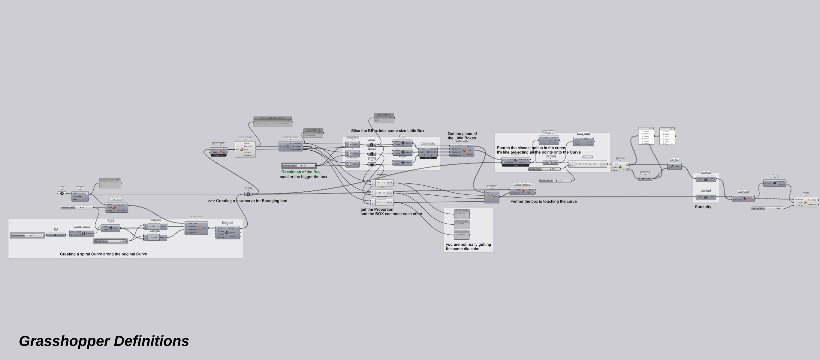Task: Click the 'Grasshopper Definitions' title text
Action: pos(104,341)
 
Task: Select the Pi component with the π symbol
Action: pos(56,235)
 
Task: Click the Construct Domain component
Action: pos(82,233)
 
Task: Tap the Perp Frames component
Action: pos(116,208)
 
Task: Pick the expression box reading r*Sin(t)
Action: pos(154,226)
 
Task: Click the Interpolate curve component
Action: pos(227,232)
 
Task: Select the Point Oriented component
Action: pos(196,228)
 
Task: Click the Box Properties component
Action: pos(245,149)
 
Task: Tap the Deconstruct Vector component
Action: pos(290,146)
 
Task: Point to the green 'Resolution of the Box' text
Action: pos(301,172)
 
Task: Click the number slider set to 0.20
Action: pos(299,166)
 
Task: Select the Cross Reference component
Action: pos(428,152)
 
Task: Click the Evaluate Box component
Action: pos(462,150)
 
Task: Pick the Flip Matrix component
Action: pos(550,162)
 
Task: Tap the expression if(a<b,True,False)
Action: pos(587,164)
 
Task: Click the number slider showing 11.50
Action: pos(556,181)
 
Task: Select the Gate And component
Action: pos(674,166)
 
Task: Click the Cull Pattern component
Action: pos(743,198)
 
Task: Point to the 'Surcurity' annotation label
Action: pos(703,207)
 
